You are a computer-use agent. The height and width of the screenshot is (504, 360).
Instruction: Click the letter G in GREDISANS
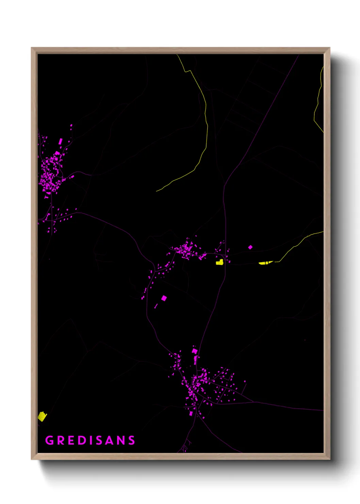point(50,440)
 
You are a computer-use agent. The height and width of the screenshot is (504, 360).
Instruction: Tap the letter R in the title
point(61,440)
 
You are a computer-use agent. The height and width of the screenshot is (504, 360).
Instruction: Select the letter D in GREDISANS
point(83,440)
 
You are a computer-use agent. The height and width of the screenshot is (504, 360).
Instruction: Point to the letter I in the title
point(92,440)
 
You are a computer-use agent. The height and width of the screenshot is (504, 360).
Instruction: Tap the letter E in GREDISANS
point(72,440)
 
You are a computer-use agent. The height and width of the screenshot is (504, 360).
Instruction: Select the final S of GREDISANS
point(132,440)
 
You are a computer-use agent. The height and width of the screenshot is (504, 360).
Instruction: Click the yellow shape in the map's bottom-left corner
point(42,416)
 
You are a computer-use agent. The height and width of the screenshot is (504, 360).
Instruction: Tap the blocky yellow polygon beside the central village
point(219,262)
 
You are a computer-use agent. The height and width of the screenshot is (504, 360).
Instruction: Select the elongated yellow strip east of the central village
point(265,263)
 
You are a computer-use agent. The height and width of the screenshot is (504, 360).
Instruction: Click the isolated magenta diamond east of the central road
point(250,247)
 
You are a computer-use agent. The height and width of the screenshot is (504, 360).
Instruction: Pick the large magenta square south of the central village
point(164,298)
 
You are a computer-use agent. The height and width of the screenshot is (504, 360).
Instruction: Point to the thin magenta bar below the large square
point(156,306)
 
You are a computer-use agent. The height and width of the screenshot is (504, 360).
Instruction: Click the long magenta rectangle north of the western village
point(61,141)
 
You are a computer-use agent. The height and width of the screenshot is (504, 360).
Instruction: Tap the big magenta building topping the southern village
point(195,351)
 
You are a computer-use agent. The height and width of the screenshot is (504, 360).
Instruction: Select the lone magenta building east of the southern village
point(244,381)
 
